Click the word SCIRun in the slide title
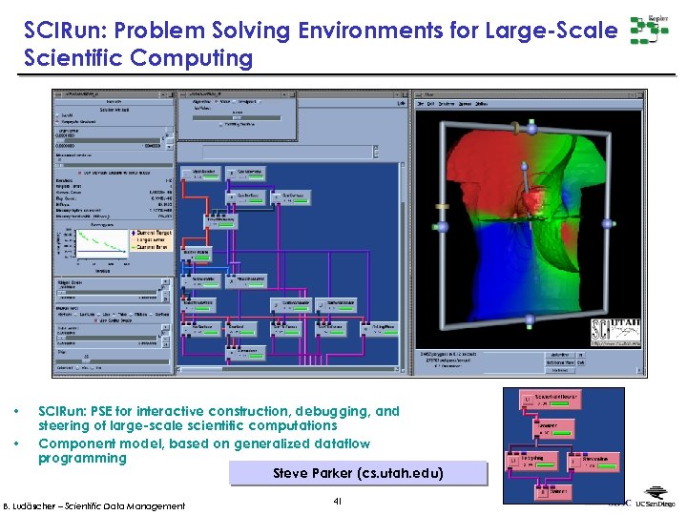coord(59,31)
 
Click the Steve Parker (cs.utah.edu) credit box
coord(358,474)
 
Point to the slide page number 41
coord(338,502)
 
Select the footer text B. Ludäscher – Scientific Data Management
coord(94,505)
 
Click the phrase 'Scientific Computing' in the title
coord(139,58)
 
